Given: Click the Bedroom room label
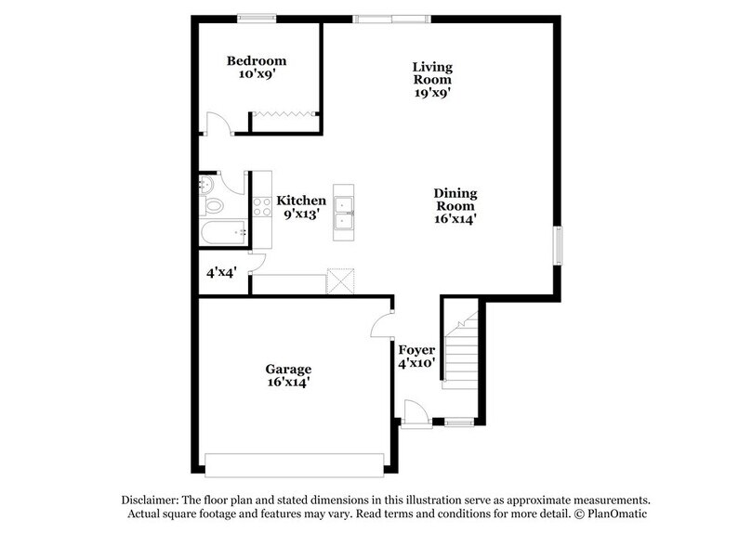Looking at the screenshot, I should tap(256, 61).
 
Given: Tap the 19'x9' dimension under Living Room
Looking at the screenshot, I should tap(432, 92).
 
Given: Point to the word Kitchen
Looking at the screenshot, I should tap(300, 201).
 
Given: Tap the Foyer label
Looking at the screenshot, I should tap(416, 350).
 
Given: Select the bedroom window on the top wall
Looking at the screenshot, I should tap(256, 17).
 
